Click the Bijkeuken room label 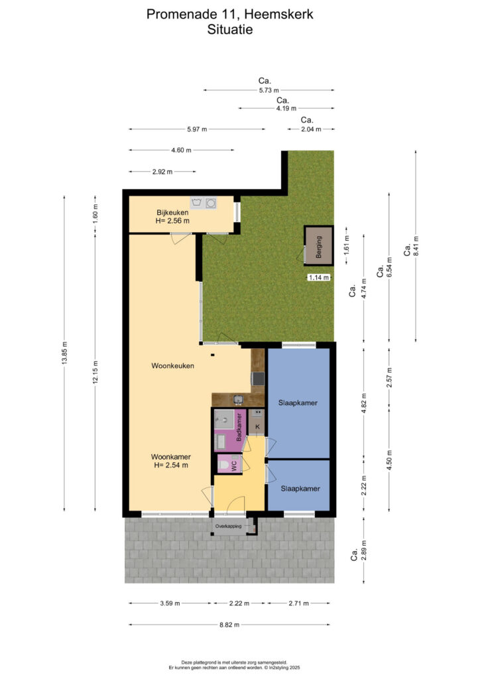pyautogui.click(x=172, y=213)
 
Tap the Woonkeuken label pyautogui.click(x=172, y=366)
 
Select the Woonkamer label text pyautogui.click(x=171, y=457)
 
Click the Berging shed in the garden pyautogui.click(x=318, y=245)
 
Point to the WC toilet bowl pyautogui.click(x=224, y=465)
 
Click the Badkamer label pyautogui.click(x=239, y=427)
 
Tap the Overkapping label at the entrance pyautogui.click(x=229, y=526)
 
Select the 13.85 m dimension pyautogui.click(x=64, y=353)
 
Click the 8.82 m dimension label pyautogui.click(x=229, y=625)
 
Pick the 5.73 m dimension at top pyautogui.click(x=269, y=90)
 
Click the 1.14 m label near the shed pyautogui.click(x=318, y=278)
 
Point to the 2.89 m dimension pyautogui.click(x=364, y=550)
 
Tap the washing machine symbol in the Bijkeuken pyautogui.click(x=198, y=203)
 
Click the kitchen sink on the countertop pyautogui.click(x=237, y=399)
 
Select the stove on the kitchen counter pyautogui.click(x=259, y=379)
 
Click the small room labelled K pyautogui.click(x=257, y=422)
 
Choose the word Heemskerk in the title pyautogui.click(x=278, y=15)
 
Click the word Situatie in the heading pyautogui.click(x=230, y=30)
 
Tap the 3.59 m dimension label pyautogui.click(x=170, y=603)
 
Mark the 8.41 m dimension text pyautogui.click(x=416, y=245)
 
